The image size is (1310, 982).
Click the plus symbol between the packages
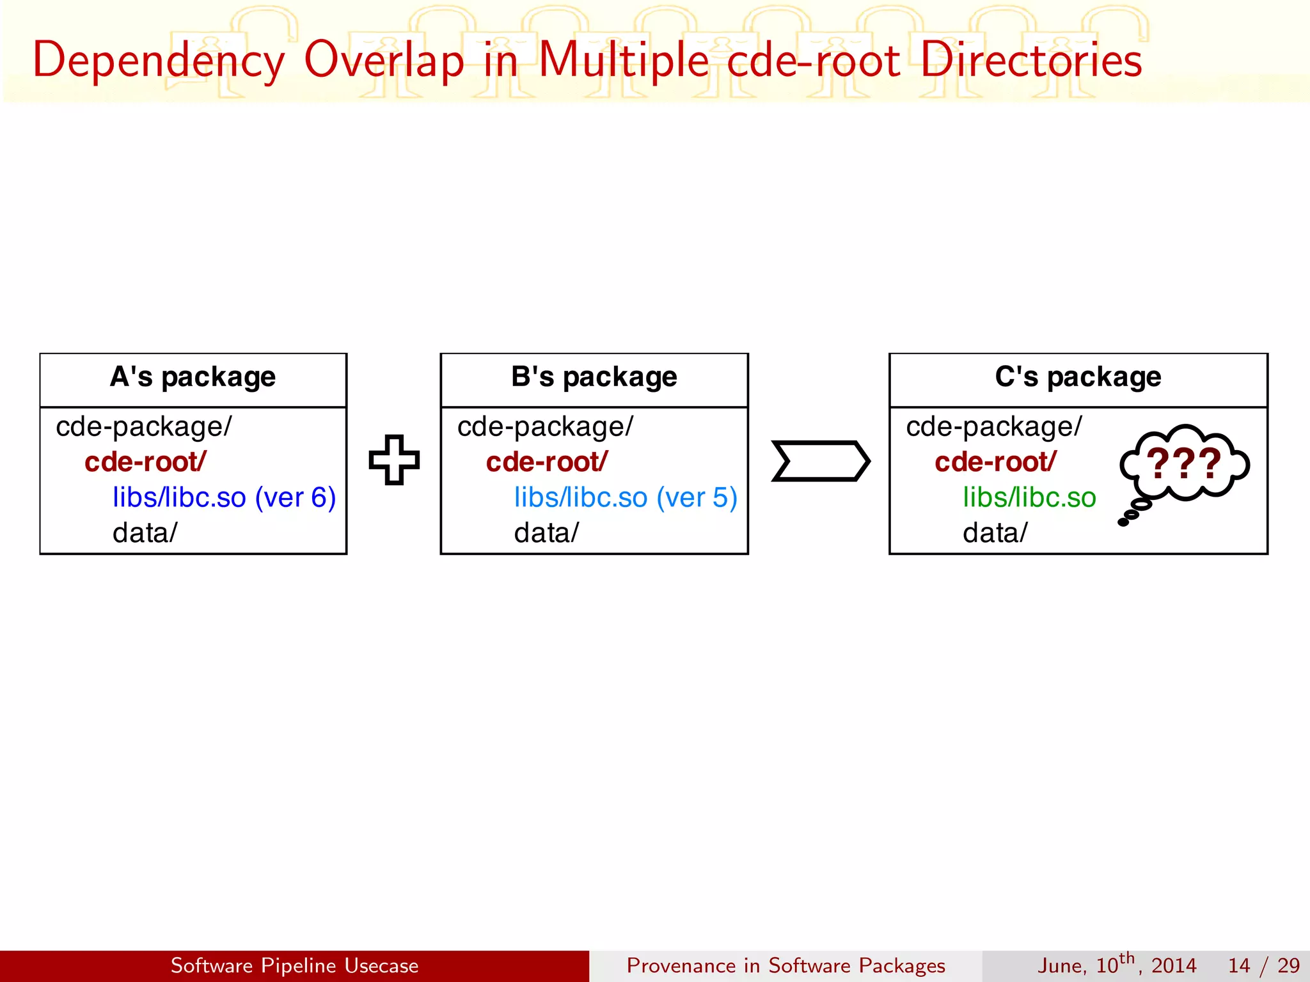pos(394,460)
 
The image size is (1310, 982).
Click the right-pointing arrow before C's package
pos(820,460)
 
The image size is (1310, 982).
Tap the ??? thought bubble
pos(1184,464)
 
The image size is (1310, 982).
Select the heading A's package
pos(193,377)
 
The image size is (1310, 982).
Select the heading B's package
pos(594,377)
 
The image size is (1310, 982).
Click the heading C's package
pos(1078,377)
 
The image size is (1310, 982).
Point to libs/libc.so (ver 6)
pos(224,497)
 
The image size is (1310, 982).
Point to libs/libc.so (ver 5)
pos(625,497)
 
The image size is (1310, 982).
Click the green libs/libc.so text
pos(1029,497)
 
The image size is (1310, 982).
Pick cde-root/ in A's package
pos(145,462)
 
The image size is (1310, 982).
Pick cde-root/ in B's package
pos(546,462)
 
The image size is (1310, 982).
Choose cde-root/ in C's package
pos(995,462)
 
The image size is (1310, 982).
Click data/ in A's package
pos(145,533)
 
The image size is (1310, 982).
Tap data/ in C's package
pos(995,533)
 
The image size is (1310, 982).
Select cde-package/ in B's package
pos(545,426)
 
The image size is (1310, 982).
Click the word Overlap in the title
pos(384,61)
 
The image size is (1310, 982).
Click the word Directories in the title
pos(1031,61)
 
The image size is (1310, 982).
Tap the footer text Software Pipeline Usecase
pos(294,965)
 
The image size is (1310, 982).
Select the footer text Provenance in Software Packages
pos(785,965)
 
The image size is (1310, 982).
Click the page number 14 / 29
pos(1263,965)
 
